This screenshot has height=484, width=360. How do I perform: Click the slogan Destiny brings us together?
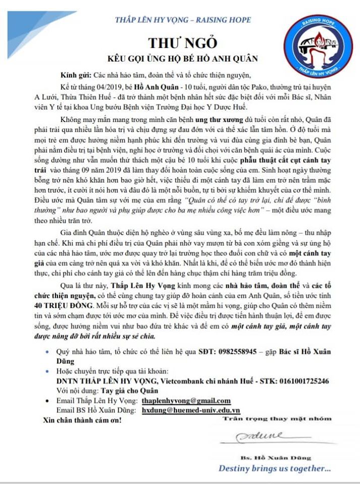click(274, 468)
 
